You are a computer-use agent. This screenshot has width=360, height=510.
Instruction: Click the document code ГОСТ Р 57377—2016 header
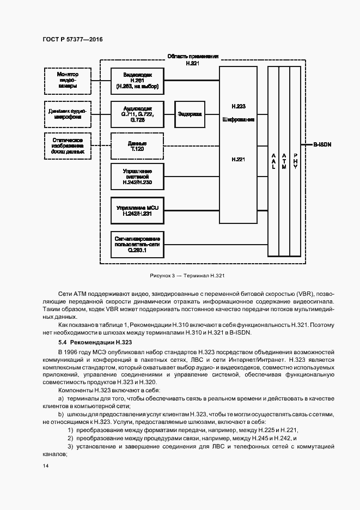pos(72,39)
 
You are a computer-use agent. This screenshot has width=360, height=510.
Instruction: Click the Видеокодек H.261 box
pos(137,80)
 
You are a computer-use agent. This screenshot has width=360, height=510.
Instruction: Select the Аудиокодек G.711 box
pos(137,114)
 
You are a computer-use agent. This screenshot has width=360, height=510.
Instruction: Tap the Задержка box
pos(190,114)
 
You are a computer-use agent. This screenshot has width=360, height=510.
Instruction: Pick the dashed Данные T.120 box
pos(137,145)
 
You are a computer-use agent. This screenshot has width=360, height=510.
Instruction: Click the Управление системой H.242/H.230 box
pos(137,177)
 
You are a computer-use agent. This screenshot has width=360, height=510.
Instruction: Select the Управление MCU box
pos(137,211)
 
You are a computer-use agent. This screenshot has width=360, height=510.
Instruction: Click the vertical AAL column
pos(273,160)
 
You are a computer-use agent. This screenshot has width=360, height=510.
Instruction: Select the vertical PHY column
pos(295,160)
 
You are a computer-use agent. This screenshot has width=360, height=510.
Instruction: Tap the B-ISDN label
pos(322,145)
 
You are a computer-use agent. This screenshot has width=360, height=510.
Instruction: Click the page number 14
pos(45,466)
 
